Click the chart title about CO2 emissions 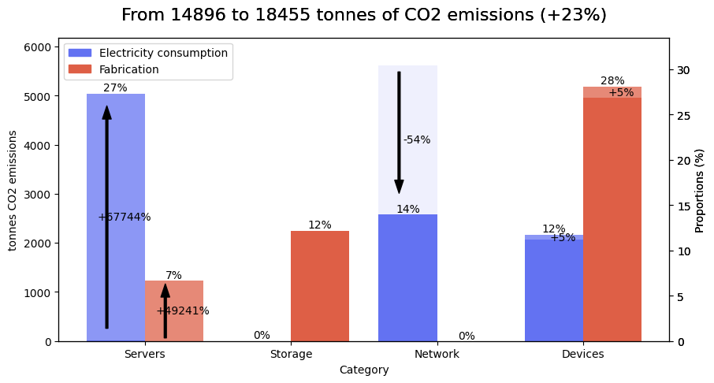click(x=363, y=16)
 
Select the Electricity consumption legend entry click(x=148, y=53)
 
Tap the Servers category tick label click(x=145, y=355)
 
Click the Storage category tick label click(x=291, y=355)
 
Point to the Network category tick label click(x=437, y=355)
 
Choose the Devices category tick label click(x=583, y=355)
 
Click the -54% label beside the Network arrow click(x=417, y=140)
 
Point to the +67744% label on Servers click(x=125, y=218)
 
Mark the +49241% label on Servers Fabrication click(x=183, y=311)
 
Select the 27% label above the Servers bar click(x=115, y=88)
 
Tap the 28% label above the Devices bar click(x=612, y=81)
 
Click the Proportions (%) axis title click(x=700, y=190)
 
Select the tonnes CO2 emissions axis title click(x=13, y=190)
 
